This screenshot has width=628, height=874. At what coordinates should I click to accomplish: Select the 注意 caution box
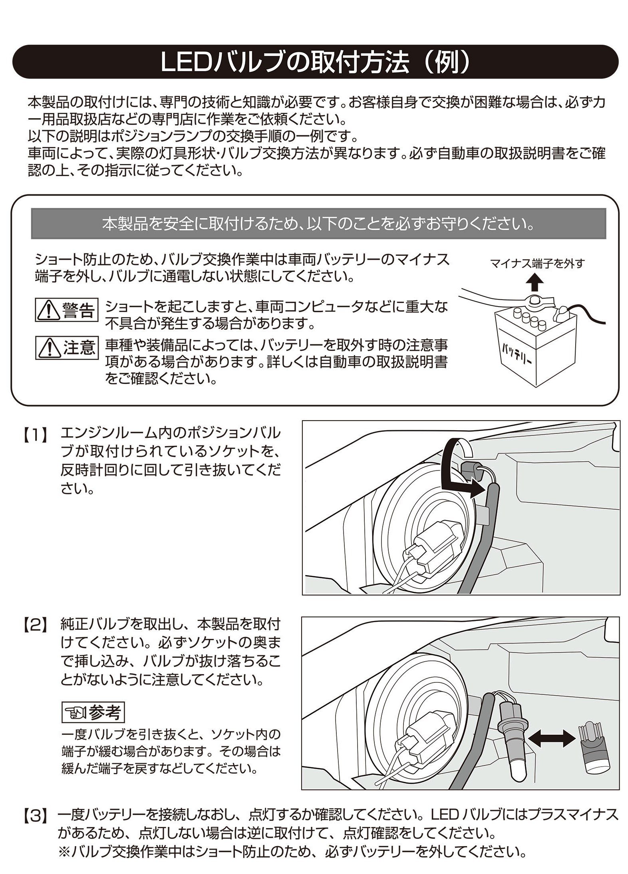tap(66, 347)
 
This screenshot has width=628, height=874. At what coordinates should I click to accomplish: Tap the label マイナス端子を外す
tap(537, 263)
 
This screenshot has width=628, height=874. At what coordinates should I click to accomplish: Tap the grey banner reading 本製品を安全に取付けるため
tap(318, 223)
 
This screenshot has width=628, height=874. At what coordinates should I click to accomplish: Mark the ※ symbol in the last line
tap(64, 852)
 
